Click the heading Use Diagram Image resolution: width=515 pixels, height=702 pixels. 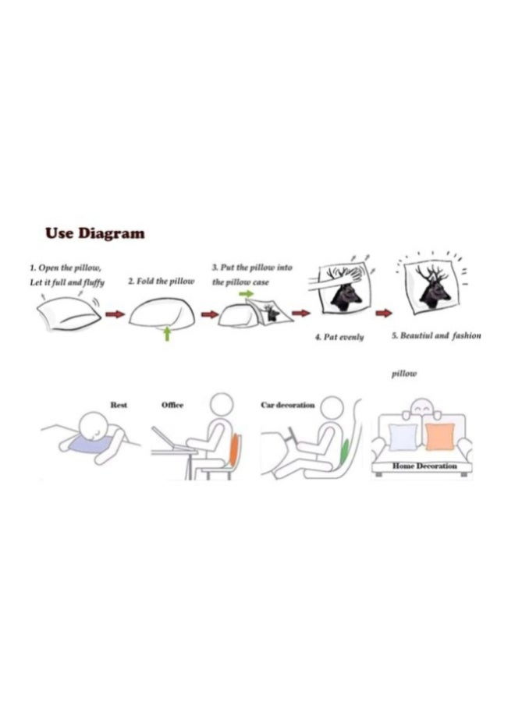[x=95, y=233]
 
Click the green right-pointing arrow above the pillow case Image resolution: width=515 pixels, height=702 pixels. [x=246, y=294]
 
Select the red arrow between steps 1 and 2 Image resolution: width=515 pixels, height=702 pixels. [x=115, y=314]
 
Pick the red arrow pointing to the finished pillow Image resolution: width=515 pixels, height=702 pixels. [x=383, y=313]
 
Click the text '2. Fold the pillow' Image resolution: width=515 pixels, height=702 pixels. [x=162, y=282]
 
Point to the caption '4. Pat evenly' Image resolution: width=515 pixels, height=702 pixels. [x=339, y=337]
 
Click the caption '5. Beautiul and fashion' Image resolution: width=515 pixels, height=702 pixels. [x=436, y=335]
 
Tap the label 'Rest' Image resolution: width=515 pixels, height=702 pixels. [x=119, y=405]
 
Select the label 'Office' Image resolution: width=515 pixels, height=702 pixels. [x=172, y=405]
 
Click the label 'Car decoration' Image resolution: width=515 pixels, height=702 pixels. [x=288, y=405]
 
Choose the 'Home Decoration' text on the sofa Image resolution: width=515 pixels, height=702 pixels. [x=424, y=466]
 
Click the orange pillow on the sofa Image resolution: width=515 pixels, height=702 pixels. [x=440, y=437]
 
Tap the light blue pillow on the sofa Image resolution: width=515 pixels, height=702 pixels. [x=403, y=438]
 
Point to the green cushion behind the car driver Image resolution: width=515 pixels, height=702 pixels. [x=344, y=452]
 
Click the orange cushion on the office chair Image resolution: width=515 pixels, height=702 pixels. [x=234, y=449]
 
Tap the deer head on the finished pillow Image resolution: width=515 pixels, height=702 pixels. [x=434, y=286]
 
